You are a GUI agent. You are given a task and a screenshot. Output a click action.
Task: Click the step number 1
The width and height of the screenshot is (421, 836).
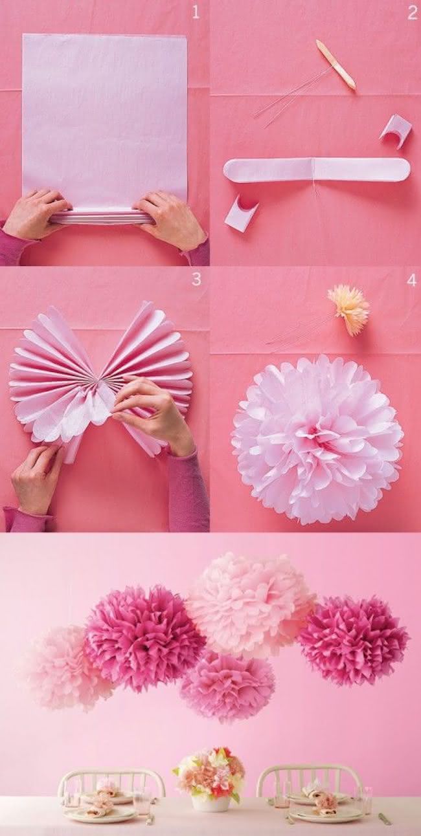[x=196, y=12]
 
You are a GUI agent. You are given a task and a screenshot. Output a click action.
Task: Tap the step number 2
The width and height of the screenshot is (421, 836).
[x=412, y=12]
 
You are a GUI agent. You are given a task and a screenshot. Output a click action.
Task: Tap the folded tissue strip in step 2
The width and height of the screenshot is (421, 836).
[x=317, y=170]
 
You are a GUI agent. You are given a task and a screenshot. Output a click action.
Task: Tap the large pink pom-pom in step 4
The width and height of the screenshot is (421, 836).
[x=317, y=439]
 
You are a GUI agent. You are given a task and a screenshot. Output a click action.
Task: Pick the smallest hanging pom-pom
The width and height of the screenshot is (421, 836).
[x=227, y=687]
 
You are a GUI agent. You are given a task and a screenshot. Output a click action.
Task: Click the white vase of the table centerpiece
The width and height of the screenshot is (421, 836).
[x=210, y=803]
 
